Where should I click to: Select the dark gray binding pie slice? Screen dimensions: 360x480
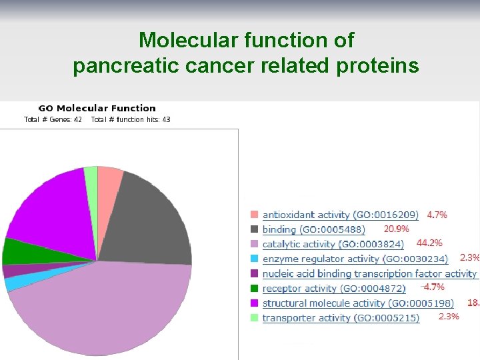point(150,220)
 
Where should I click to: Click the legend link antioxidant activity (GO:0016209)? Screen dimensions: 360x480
point(340,215)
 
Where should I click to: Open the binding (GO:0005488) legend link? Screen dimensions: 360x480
point(313,229)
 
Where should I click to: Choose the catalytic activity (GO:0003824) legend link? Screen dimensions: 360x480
point(333,244)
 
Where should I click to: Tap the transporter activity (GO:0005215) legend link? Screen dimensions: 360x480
point(341,318)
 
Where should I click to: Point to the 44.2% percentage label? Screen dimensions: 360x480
point(429,243)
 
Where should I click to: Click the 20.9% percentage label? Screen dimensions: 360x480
point(396,229)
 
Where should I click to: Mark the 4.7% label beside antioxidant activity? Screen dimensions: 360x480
point(437,215)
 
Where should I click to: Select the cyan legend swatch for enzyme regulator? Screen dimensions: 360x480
point(254,259)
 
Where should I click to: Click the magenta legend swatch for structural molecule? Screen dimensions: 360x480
point(254,303)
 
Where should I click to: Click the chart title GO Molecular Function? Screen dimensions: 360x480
point(97,108)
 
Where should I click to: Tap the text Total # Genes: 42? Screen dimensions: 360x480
point(53,119)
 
